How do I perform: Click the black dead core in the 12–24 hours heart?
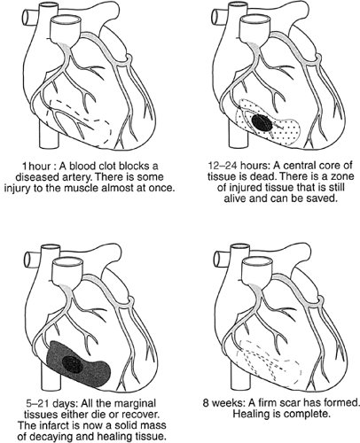coord(262,123)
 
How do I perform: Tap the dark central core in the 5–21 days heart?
coord(72,364)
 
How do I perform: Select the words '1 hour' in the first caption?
coord(36,166)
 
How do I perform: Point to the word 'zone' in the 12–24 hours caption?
coord(343,176)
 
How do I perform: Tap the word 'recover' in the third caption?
coord(143,415)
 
